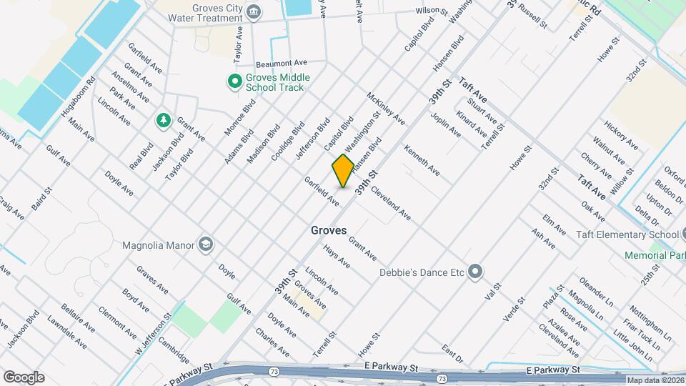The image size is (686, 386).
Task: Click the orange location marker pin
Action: pos(343,171)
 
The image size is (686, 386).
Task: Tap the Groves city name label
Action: pos(329,231)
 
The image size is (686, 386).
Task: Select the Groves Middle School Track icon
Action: pos(233,82)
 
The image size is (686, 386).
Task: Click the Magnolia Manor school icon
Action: pos(207,245)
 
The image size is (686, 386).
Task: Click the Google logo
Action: pos(24,377)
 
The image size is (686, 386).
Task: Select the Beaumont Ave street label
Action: pos(281,63)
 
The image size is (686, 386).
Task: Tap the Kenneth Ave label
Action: pos(422,161)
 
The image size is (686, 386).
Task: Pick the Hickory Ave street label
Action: pos(620,135)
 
